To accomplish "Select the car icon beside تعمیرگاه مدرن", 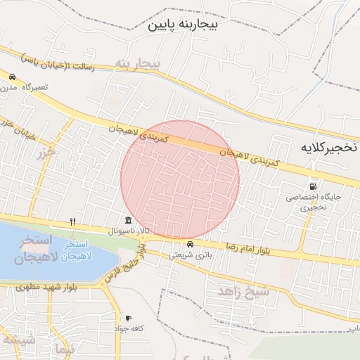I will coord(12,77).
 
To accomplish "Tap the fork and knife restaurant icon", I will coord(72,221).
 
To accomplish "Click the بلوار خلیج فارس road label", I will coord(126,265).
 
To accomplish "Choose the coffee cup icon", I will coord(128,318).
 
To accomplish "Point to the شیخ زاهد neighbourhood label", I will coord(243,290).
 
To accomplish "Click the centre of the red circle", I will coord(180,179).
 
